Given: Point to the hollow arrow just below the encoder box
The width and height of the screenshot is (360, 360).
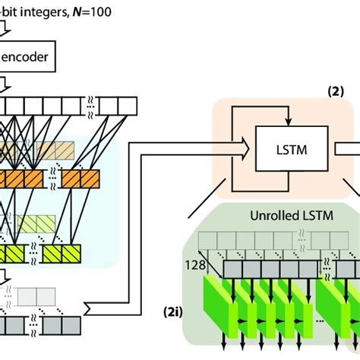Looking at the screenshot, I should click(7, 81).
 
